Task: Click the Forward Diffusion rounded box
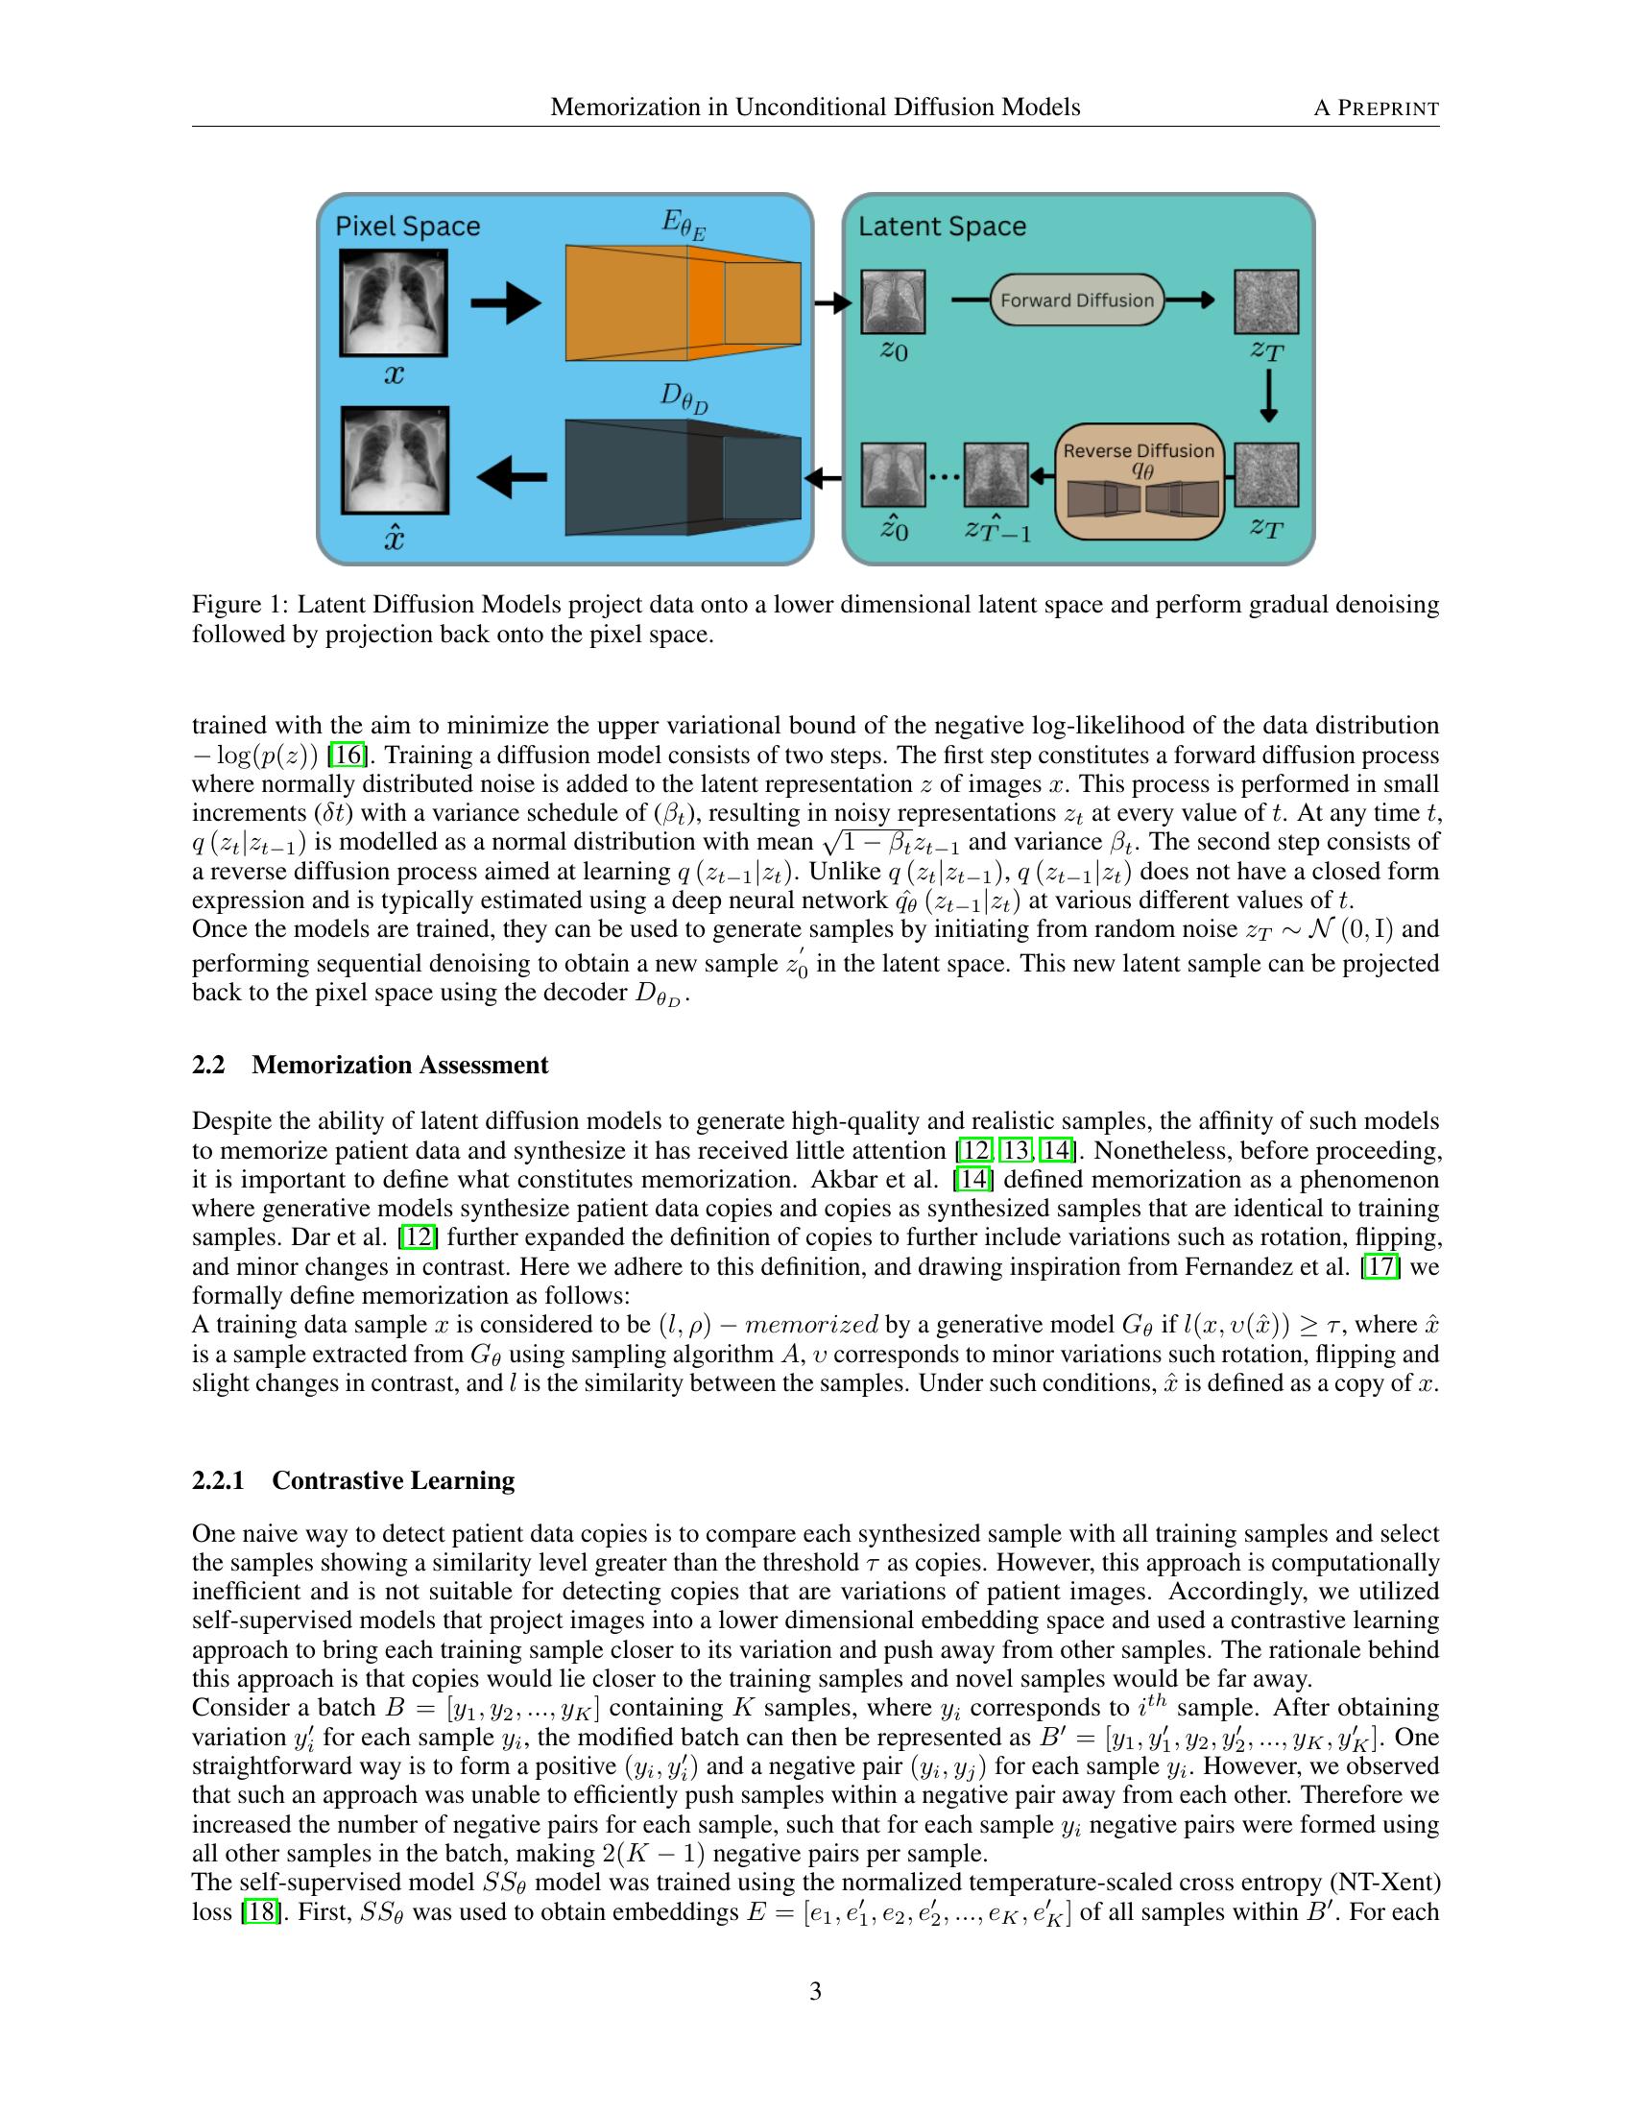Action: point(1076,300)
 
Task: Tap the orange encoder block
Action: point(683,302)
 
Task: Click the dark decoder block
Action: point(683,477)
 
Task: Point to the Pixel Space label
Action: point(407,227)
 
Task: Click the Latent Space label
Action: point(942,227)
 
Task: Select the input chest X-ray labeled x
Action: point(394,302)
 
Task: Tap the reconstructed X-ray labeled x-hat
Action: point(394,460)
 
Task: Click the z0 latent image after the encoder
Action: point(893,301)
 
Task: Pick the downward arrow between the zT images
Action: point(1268,398)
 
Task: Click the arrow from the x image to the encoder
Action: point(505,302)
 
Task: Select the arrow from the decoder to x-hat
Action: point(513,476)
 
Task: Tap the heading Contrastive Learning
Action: point(393,1480)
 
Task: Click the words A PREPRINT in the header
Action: point(1375,108)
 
